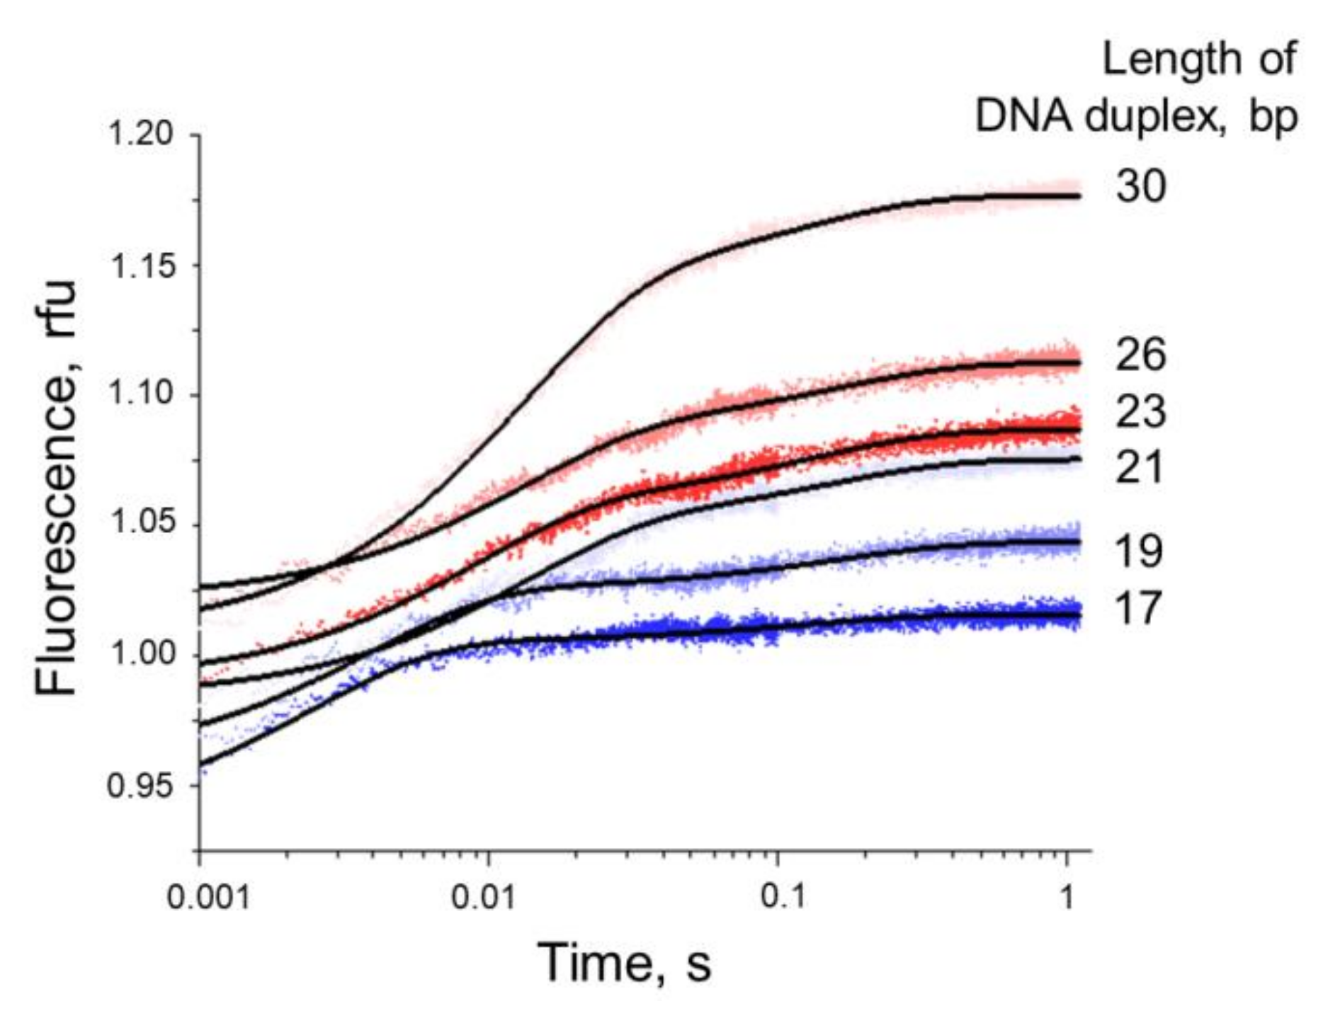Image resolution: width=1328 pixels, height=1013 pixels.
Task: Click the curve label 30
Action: tap(1140, 187)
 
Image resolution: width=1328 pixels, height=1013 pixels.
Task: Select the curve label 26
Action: tap(1140, 355)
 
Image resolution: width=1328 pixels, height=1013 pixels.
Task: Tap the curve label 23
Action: tap(1140, 411)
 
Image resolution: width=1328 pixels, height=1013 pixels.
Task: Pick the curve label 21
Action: tap(1139, 467)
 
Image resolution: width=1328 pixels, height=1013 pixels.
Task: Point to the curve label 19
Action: tap(1139, 551)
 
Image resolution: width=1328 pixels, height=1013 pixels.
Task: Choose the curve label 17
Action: tap(1139, 608)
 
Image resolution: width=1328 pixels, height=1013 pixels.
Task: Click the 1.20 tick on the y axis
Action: tap(140, 134)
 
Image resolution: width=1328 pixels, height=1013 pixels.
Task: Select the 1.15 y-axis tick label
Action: tap(140, 267)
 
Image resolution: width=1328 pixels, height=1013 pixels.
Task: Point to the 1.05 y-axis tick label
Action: tap(140, 524)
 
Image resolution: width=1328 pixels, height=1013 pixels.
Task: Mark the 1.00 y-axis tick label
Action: tap(140, 654)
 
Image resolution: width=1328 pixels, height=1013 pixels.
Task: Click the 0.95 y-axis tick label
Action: tap(140, 785)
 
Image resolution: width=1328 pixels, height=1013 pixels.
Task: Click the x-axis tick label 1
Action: tap(1067, 898)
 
